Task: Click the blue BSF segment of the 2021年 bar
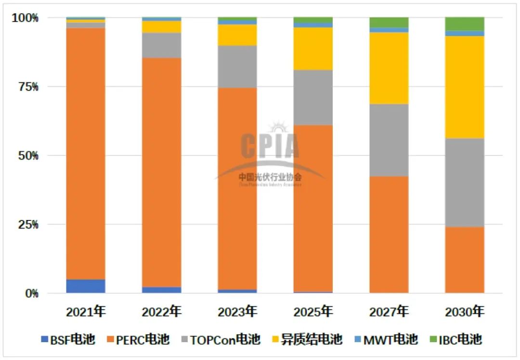tap(86, 286)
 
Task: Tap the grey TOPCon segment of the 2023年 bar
tap(237, 66)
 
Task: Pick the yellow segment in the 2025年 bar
tap(313, 49)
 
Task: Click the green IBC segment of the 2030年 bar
tap(465, 24)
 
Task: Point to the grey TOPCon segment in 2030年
tap(465, 182)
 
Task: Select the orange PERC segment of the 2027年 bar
tap(389, 234)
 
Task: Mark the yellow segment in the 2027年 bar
tap(389, 68)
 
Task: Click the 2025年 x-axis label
tap(313, 311)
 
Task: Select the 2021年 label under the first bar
tap(86, 311)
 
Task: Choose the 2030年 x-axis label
tap(465, 311)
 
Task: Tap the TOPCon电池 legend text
tap(225, 340)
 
